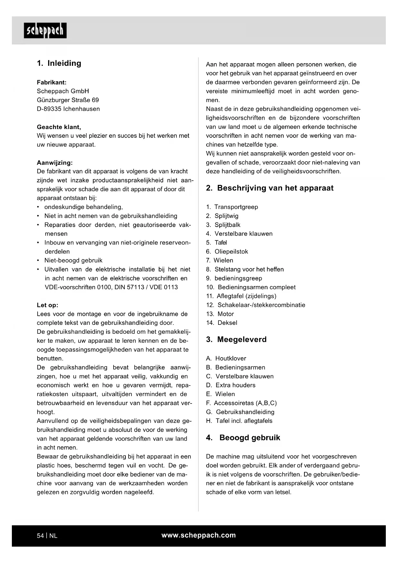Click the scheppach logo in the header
click(45, 30)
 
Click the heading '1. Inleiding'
click(59, 63)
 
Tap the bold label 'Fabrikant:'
click(52, 82)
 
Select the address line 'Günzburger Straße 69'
click(68, 100)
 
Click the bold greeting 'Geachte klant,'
click(59, 127)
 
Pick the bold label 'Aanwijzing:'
click(55, 163)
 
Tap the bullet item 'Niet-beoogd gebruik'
click(73, 261)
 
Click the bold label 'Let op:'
click(48, 305)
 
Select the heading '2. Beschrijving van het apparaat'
click(270, 188)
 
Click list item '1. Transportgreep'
click(232, 207)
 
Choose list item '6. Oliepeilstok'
click(227, 252)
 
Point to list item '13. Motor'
click(220, 314)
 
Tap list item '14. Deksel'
click(222, 323)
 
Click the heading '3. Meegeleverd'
click(236, 340)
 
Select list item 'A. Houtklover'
click(226, 359)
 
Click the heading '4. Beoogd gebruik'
click(243, 438)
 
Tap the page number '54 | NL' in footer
click(47, 536)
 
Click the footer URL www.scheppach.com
click(199, 535)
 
